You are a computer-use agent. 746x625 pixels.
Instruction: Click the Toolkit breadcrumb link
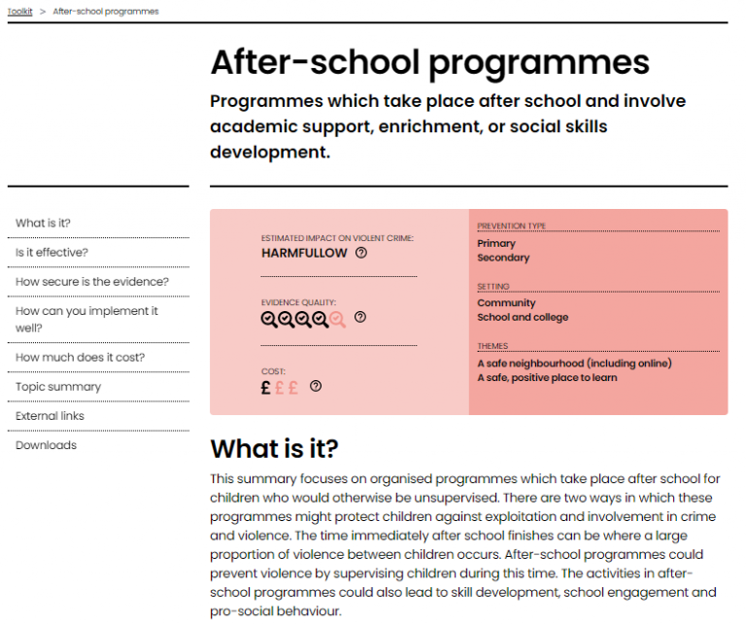(x=20, y=12)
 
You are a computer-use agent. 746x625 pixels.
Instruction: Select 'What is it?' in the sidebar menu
(x=43, y=224)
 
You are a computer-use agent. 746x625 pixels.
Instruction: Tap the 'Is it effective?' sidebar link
(x=51, y=253)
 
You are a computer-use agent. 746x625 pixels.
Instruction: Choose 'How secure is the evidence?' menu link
(x=91, y=282)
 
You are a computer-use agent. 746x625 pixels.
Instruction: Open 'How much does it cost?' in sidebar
(x=80, y=358)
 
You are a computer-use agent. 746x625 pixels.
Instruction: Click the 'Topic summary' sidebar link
(x=57, y=387)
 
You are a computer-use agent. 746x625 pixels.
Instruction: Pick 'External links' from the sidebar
(x=50, y=416)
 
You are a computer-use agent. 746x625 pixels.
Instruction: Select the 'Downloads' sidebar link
(x=46, y=445)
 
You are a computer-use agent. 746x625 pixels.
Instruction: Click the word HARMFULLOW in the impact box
(x=304, y=253)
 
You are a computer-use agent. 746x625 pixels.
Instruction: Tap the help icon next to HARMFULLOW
(x=361, y=253)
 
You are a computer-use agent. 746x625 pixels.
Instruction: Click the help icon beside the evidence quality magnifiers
(x=360, y=317)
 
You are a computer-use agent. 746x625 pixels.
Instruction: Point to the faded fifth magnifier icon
(x=337, y=318)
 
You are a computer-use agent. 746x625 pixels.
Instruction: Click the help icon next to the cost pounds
(x=315, y=386)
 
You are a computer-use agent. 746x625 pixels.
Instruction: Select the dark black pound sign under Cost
(x=266, y=387)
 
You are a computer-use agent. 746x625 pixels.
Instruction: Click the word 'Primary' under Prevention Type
(x=496, y=244)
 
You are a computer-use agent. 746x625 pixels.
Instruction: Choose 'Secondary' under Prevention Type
(x=503, y=258)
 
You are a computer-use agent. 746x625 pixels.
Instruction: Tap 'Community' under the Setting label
(x=506, y=303)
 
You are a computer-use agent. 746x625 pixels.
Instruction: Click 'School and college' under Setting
(x=523, y=317)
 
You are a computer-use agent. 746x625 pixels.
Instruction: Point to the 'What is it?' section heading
(x=274, y=449)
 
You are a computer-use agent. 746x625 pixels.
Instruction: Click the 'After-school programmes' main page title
(x=429, y=63)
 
